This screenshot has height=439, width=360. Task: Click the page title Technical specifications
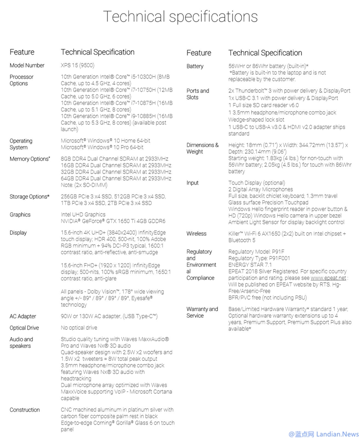point(180,17)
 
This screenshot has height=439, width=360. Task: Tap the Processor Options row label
point(22,80)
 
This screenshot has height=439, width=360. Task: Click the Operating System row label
point(21,144)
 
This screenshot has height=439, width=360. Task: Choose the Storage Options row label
point(29,196)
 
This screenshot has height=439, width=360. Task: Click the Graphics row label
point(20,215)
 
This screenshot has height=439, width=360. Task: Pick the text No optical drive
point(79,328)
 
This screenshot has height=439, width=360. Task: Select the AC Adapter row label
point(23,316)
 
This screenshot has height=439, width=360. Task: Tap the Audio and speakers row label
point(22,343)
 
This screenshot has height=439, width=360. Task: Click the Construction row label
point(25,410)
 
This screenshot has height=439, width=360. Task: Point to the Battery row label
point(195,66)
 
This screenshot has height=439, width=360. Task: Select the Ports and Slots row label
point(198,94)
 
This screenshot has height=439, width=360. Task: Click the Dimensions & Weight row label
point(202,148)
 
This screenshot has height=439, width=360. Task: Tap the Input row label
point(193,183)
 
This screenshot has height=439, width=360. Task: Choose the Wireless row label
point(197,233)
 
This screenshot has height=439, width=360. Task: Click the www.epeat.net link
point(328,277)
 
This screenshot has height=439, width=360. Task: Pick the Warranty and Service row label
point(202,312)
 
